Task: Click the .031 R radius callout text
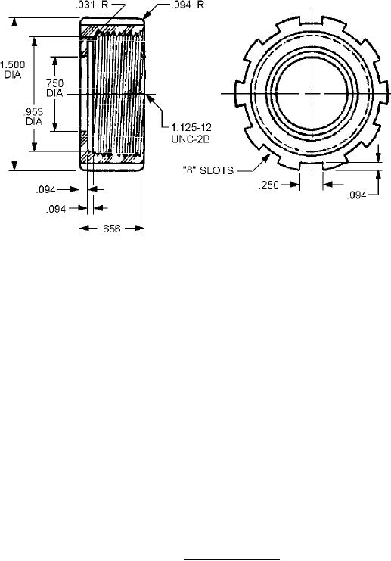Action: (92, 6)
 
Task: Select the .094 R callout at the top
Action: (188, 5)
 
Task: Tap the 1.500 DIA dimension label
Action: (13, 70)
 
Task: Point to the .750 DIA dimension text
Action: (54, 88)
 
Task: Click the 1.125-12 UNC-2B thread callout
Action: (191, 133)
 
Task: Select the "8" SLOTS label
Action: (208, 170)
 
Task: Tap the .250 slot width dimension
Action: (268, 185)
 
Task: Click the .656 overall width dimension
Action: (110, 229)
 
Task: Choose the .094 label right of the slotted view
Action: (357, 195)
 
